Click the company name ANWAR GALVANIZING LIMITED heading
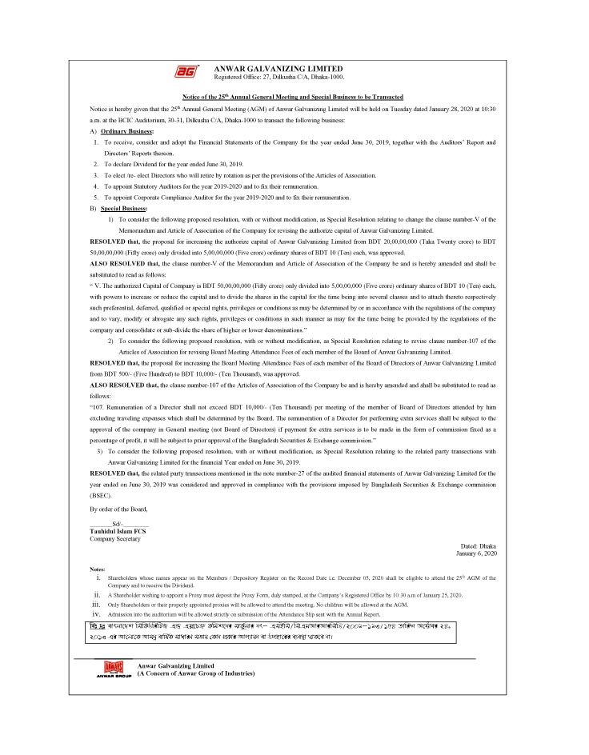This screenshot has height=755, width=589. coord(278,68)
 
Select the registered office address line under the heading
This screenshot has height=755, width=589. coord(278,77)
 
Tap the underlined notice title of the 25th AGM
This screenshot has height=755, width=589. coord(294,96)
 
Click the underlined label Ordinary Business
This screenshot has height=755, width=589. coord(127,130)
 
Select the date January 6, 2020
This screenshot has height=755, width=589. coord(477,553)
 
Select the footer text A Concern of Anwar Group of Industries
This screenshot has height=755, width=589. coord(196,674)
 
